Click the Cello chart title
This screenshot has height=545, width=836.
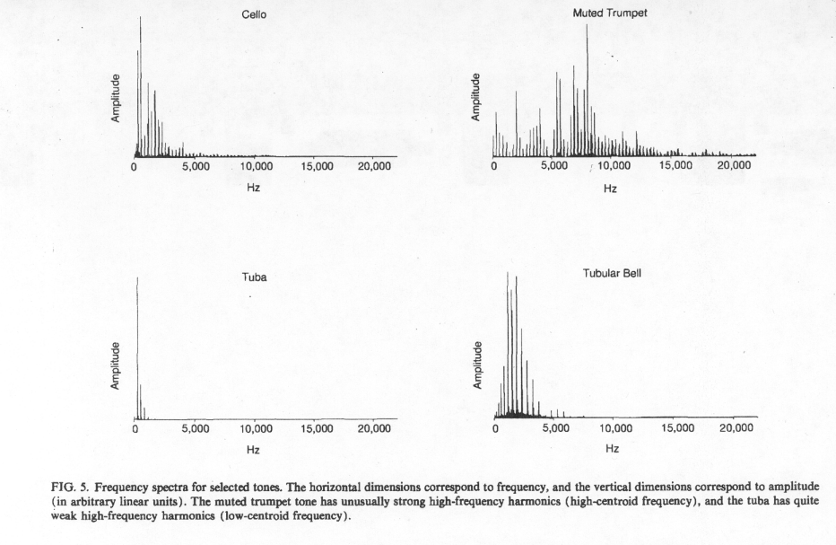(x=254, y=14)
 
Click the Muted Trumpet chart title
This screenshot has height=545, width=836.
(x=610, y=13)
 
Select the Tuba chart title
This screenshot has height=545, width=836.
(x=254, y=277)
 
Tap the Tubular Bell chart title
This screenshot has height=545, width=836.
(x=612, y=273)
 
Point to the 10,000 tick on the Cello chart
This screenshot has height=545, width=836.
(x=257, y=166)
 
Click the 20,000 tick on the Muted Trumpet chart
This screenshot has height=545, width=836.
(x=734, y=165)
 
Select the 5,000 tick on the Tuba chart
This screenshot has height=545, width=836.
(x=196, y=428)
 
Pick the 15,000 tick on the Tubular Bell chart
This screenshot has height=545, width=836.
(x=677, y=428)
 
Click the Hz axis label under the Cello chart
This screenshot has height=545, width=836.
(x=253, y=188)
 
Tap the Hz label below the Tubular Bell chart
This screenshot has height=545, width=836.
(x=612, y=448)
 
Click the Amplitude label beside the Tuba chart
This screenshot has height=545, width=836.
(x=115, y=365)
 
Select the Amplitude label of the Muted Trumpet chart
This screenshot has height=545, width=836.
(x=476, y=97)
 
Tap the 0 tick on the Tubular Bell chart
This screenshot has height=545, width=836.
(x=496, y=428)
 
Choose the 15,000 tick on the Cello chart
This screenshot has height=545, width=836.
(x=317, y=166)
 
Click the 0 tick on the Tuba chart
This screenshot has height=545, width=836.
(x=135, y=428)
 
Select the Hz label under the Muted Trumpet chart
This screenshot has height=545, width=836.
(x=610, y=189)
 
